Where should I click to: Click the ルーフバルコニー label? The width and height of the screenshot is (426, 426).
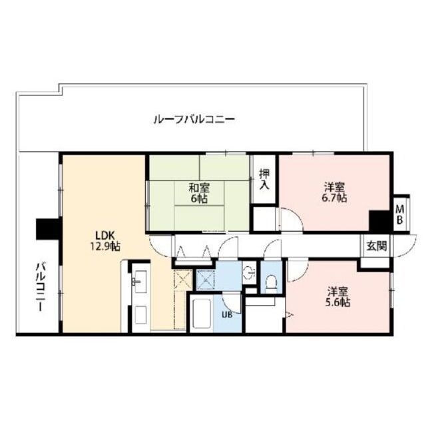(194, 120)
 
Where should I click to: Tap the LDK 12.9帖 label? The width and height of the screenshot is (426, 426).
(105, 241)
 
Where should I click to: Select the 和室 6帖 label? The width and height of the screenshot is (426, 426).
(200, 193)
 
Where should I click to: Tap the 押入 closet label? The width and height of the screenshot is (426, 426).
(264, 179)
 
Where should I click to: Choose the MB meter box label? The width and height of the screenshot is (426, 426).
(400, 214)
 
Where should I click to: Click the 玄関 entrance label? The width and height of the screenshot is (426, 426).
(376, 246)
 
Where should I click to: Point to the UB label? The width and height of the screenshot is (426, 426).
(227, 315)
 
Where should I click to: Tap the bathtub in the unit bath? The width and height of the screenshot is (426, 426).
(202, 314)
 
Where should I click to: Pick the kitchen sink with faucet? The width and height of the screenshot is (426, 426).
(140, 282)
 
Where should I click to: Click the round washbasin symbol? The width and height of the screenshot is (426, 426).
(250, 272)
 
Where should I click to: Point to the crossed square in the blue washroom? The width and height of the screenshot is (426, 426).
(206, 279)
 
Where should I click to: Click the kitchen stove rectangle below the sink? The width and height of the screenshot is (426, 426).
(141, 314)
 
